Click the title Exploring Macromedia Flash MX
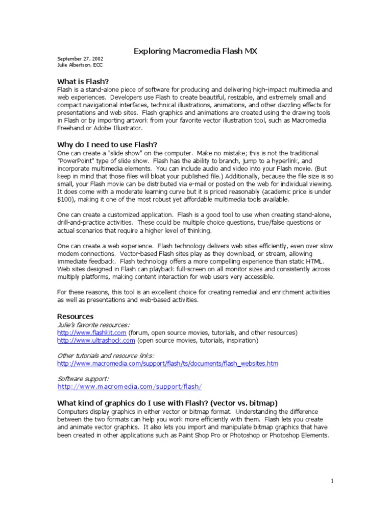(195, 51)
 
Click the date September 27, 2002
(80, 59)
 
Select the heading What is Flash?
(83, 81)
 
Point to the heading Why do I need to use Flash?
(107, 145)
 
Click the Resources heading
(75, 316)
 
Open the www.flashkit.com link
(92, 332)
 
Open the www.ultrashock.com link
(96, 340)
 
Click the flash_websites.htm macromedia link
(167, 363)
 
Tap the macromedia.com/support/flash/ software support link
(130, 387)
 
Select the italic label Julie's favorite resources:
(93, 324)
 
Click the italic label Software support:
(83, 378)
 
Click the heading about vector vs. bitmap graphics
(167, 402)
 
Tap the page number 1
(332, 481)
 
